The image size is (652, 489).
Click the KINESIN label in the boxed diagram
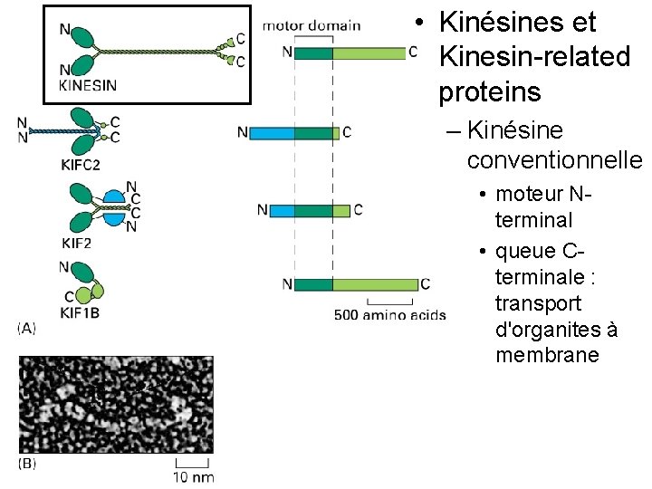pyautogui.click(x=87, y=86)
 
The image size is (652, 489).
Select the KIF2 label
pyautogui.click(x=78, y=242)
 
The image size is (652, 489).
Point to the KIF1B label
pyautogui.click(x=80, y=312)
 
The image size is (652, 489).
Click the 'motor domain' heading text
pyautogui.click(x=312, y=25)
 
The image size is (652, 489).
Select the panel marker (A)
pyautogui.click(x=27, y=329)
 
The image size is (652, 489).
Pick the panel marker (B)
pyautogui.click(x=27, y=463)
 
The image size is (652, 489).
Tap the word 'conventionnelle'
pyautogui.click(x=554, y=159)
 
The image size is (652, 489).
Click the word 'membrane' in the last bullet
pyautogui.click(x=547, y=354)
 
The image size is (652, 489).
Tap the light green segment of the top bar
pyautogui.click(x=369, y=53)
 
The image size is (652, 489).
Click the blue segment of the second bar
pyautogui.click(x=272, y=133)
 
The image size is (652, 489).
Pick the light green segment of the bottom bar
pyautogui.click(x=375, y=284)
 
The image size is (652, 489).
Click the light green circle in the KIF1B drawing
pyautogui.click(x=83, y=295)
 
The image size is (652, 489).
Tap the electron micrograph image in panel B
pyautogui.click(x=116, y=405)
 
